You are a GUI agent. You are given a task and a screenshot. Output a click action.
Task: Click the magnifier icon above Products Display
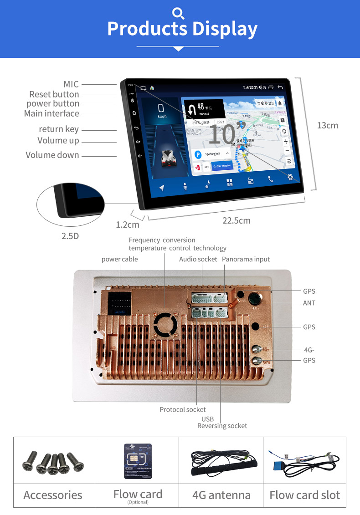pos(179,13)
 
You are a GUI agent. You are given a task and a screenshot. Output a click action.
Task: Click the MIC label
pos(71,84)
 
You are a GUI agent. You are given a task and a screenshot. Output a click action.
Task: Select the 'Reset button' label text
pos(54,94)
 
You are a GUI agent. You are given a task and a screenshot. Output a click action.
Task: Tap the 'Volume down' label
pos(52,155)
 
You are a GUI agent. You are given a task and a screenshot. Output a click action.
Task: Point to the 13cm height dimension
pos(328,125)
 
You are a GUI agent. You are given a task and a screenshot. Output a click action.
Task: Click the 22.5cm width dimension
pos(237,221)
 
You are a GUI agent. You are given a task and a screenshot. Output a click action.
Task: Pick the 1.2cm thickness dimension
pos(128,224)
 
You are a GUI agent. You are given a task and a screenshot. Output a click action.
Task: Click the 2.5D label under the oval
pos(70,236)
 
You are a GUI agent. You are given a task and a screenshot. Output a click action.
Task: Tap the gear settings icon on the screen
pos(290,177)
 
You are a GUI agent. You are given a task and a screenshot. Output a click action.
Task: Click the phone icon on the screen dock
pos(271,179)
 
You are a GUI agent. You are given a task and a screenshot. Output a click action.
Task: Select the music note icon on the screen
pos(208,184)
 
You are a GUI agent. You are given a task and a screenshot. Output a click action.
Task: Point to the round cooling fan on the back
pos(165,325)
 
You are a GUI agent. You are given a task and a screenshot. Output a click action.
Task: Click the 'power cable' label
pos(119,259)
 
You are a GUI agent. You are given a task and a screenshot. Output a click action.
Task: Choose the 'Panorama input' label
pos(246,259)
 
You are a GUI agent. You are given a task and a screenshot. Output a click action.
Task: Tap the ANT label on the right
pos(309,303)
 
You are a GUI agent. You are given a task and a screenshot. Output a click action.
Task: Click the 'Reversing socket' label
pos(222,426)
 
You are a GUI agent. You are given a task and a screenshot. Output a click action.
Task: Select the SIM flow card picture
pos(138,461)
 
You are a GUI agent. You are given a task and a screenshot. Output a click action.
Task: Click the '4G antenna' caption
pos(221,495)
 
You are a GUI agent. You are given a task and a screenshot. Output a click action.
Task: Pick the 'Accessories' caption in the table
pos(53,495)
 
